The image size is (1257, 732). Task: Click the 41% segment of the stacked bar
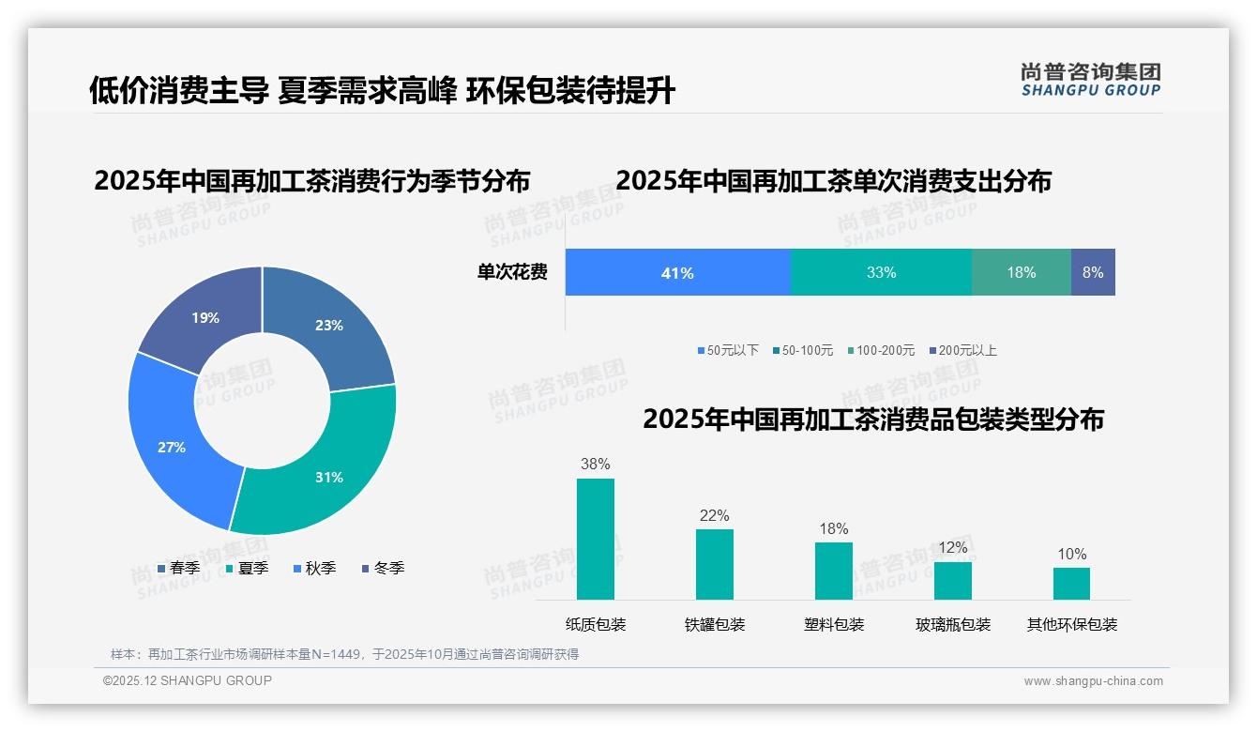(x=677, y=272)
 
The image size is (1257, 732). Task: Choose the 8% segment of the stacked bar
(x=1093, y=272)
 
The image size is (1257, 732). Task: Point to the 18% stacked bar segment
(x=1022, y=272)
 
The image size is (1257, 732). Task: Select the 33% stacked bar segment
(x=881, y=272)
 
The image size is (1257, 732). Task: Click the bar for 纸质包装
(x=596, y=539)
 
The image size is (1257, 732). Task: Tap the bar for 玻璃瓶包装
(x=953, y=580)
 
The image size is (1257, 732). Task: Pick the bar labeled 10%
(x=1071, y=583)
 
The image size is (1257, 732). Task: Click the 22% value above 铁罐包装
(x=714, y=515)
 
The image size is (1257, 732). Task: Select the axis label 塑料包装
(x=834, y=625)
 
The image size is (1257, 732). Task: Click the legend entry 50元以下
(x=728, y=350)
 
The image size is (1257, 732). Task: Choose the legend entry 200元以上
(x=963, y=350)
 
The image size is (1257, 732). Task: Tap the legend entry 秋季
(x=314, y=568)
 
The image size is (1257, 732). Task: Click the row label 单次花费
(x=512, y=272)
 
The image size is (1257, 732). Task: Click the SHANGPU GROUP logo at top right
(x=1091, y=79)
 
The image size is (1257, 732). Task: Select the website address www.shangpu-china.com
(x=1093, y=681)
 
